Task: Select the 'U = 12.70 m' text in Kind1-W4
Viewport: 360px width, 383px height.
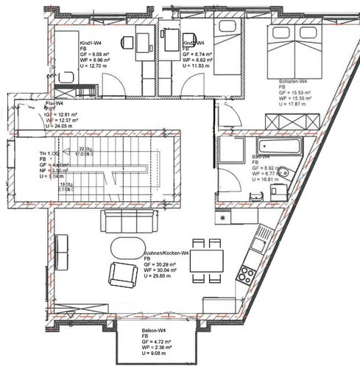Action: pos(94,67)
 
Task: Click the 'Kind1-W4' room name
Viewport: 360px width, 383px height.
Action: pos(91,44)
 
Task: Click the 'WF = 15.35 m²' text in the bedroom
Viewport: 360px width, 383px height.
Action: pos(297,98)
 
